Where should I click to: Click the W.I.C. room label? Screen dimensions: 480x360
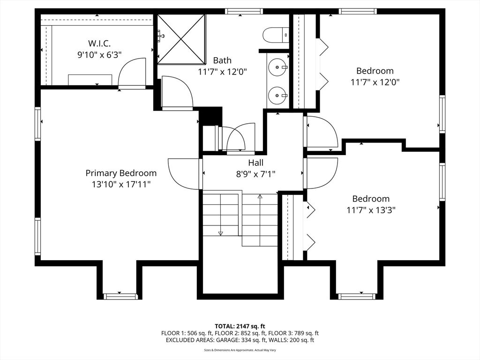[99, 43]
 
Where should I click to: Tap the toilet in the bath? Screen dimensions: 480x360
[276, 35]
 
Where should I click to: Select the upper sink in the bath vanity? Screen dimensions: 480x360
[278, 67]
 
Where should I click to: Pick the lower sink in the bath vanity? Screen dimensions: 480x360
[278, 95]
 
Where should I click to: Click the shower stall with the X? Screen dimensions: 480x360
[181, 39]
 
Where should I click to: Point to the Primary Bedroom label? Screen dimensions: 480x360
[121, 173]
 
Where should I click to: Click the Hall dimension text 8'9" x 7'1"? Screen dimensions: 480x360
[255, 174]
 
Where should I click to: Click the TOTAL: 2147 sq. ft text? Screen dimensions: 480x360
[240, 326]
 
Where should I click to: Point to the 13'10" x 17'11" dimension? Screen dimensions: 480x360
[121, 184]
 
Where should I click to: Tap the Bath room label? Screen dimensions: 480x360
[222, 60]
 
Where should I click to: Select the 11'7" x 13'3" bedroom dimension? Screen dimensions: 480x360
[371, 210]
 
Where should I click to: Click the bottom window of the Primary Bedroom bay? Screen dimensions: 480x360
[120, 296]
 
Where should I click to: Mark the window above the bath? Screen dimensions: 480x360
[244, 11]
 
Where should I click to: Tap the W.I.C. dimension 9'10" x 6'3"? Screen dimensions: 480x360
[99, 55]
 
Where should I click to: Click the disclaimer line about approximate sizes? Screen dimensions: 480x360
[240, 350]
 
